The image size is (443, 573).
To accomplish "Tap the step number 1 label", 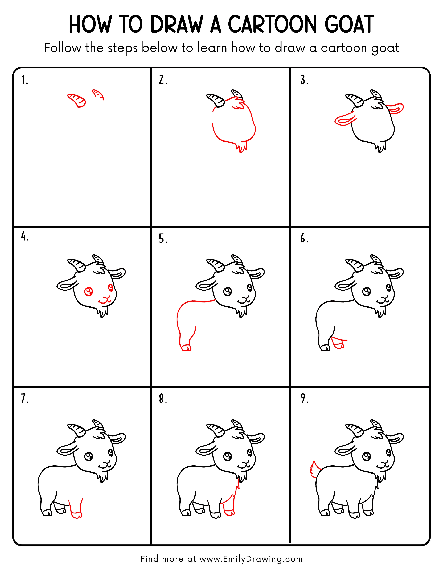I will tap(24, 80).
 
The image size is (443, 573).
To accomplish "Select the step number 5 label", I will tap(163, 239).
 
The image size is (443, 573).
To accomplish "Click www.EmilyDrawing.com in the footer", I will tap(251, 559).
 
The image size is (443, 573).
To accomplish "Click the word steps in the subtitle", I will tap(122, 48).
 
